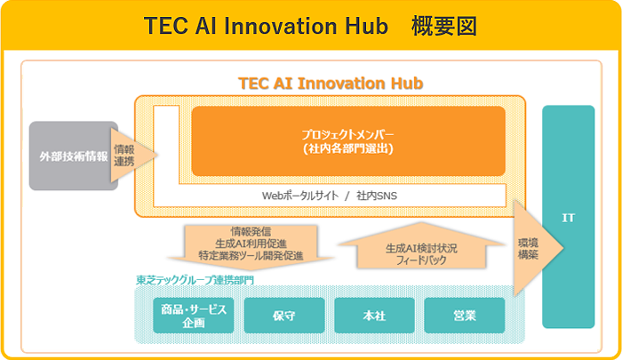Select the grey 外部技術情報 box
pyautogui.click(x=73, y=156)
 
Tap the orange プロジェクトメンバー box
pyautogui.click(x=347, y=141)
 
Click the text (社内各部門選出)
pyautogui.click(x=347, y=148)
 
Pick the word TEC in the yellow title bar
pyautogui.click(x=168, y=26)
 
